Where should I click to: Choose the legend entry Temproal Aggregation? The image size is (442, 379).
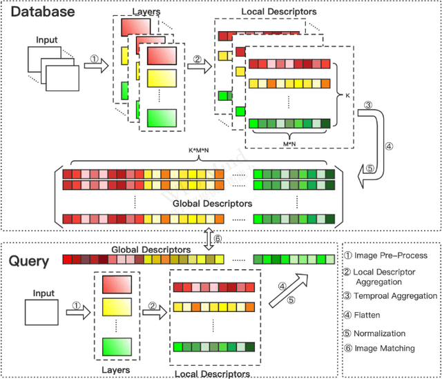tap(390, 295)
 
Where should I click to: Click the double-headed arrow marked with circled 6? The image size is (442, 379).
tap(208, 237)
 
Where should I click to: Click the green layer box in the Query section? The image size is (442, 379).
tap(116, 347)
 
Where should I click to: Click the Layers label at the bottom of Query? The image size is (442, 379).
tap(115, 370)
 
